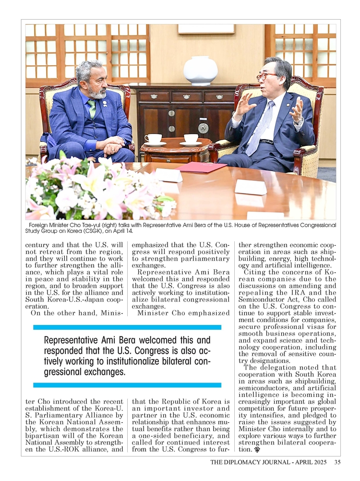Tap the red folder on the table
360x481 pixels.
[201, 167]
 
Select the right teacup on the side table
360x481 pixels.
[191, 139]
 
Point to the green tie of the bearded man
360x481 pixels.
[92, 108]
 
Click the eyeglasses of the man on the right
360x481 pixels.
[267, 76]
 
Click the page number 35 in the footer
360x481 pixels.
[337, 463]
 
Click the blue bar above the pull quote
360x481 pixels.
[127, 327]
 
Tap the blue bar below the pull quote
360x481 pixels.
[127, 385]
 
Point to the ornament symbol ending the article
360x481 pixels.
[257, 450]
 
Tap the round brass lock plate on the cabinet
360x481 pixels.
[203, 128]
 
